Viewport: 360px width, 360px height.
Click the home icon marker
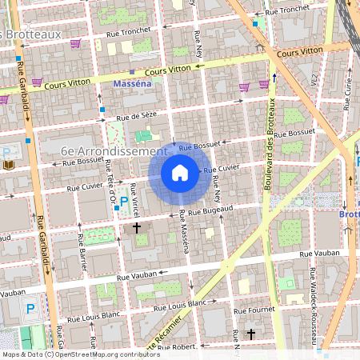pyautogui.click(x=180, y=172)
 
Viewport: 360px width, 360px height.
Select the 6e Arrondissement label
pyautogui.click(x=114, y=150)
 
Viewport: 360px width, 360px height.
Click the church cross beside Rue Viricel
pyautogui.click(x=137, y=229)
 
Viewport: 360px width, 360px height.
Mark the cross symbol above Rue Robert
pyautogui.click(x=251, y=334)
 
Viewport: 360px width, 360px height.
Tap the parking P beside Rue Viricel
pyautogui.click(x=124, y=201)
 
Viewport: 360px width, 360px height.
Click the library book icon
pyautogui.click(x=9, y=165)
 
